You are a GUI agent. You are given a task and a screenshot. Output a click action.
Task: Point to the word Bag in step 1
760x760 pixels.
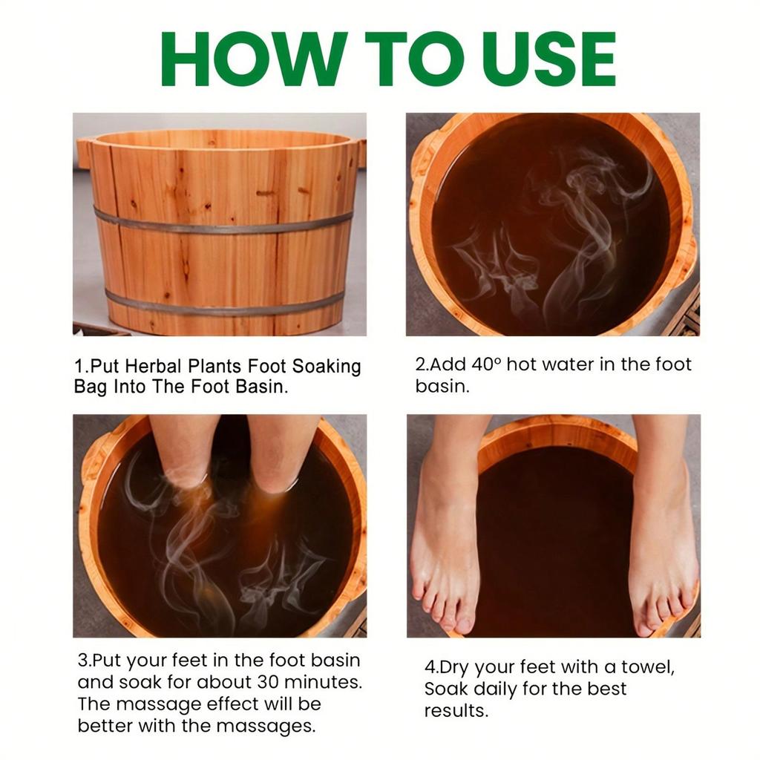(x=90, y=387)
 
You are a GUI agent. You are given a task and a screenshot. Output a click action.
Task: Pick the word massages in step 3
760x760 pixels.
(x=275, y=726)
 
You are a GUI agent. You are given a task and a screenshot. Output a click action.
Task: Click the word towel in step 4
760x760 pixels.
(x=645, y=666)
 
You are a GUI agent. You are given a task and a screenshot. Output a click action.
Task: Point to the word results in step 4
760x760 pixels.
(x=456, y=710)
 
